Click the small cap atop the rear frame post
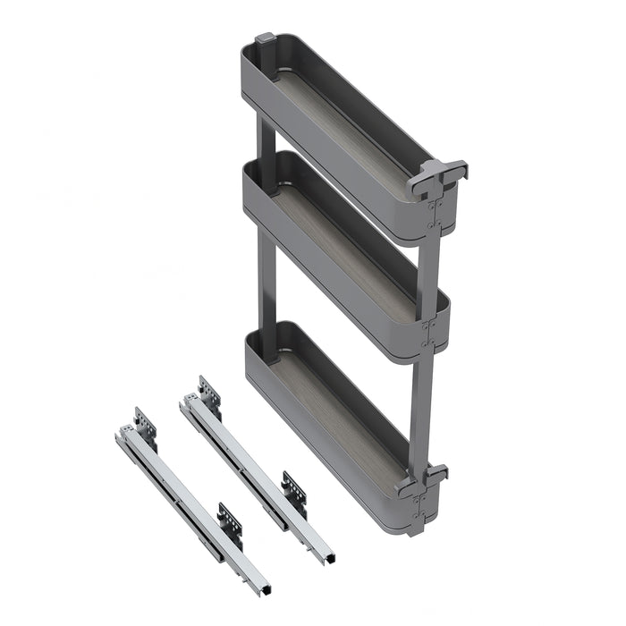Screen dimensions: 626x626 (266, 40)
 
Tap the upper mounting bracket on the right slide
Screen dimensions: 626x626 (208, 393)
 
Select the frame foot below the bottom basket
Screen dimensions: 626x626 (415, 528)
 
